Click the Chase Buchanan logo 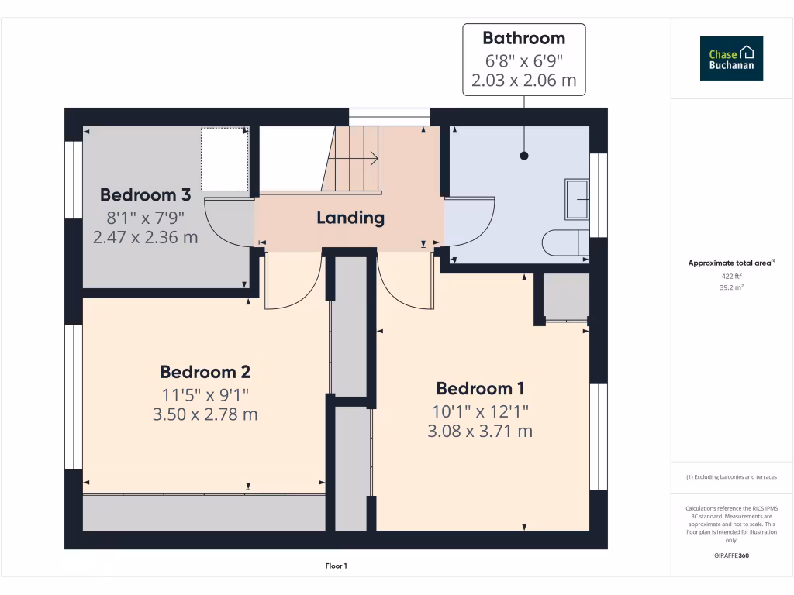point(731,58)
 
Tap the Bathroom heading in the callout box point(523,38)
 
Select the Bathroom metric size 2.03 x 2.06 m point(523,80)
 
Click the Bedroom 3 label point(145,194)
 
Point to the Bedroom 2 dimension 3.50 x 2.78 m point(205,414)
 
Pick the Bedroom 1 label point(480,388)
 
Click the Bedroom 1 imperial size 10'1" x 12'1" point(480,410)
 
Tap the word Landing point(350,218)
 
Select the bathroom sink point(577,199)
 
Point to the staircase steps point(353,159)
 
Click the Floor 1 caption point(336,566)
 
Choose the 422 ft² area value point(731,276)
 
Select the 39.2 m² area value point(731,287)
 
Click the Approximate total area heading point(731,263)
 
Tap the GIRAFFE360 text point(731,555)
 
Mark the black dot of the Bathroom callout point(524,156)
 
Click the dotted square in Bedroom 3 point(224,160)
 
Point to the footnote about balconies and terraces point(731,477)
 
